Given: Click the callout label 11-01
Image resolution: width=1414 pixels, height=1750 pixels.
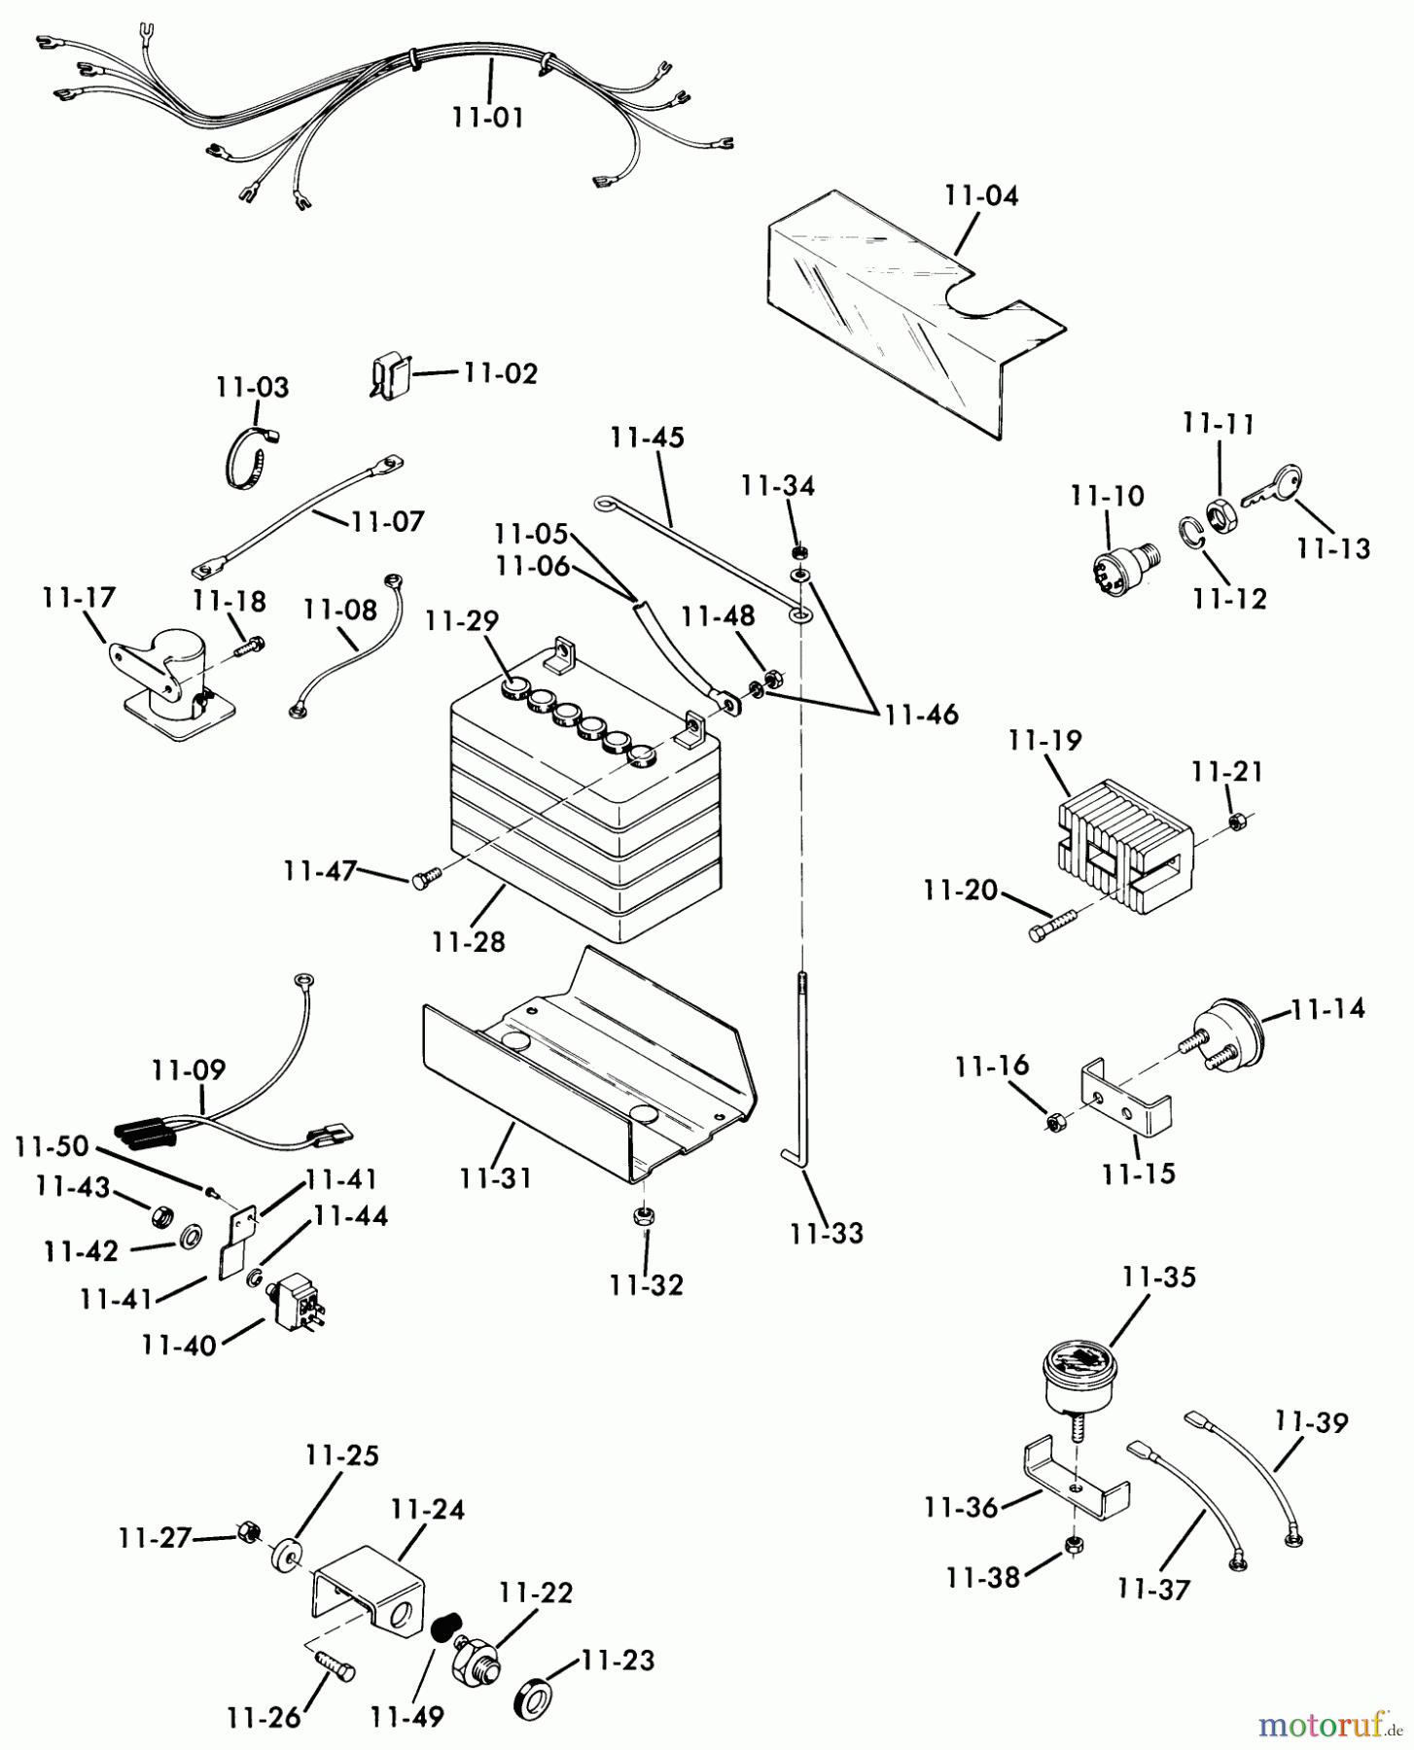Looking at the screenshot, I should point(487,119).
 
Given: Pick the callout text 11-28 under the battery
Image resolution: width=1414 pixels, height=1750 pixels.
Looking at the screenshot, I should point(470,942).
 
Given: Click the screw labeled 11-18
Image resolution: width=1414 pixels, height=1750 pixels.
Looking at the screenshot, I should point(250,644).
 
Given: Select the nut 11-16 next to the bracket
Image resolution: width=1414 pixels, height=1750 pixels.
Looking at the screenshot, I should point(1054,1124).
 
